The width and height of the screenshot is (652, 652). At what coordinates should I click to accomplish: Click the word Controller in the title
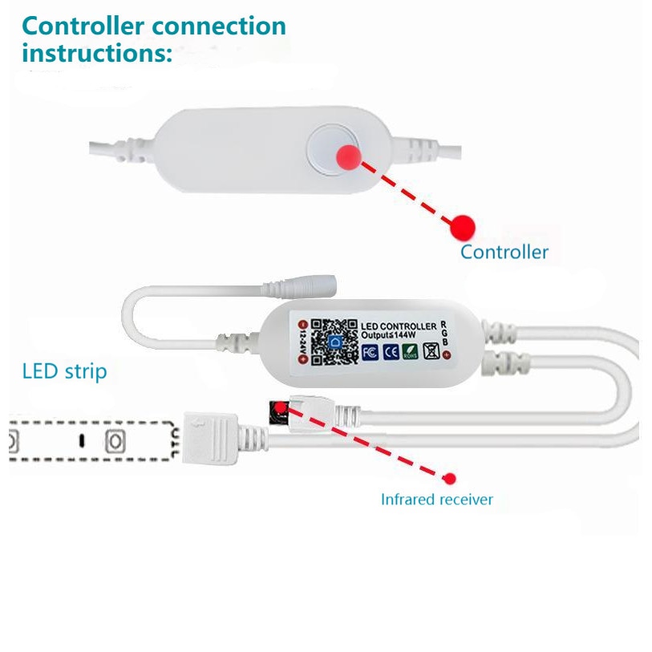tap(84, 26)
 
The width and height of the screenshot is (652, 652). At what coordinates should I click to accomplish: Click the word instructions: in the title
tap(97, 54)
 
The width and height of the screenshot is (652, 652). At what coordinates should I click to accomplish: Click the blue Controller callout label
tap(504, 252)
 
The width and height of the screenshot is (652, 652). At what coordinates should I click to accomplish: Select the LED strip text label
tap(64, 372)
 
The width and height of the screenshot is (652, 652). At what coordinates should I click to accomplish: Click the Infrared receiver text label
tap(436, 500)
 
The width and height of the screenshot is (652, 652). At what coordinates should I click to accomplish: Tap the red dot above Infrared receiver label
tap(450, 479)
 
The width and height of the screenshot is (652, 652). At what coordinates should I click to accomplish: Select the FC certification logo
tap(371, 351)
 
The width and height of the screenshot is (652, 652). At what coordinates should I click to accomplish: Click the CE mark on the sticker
tap(391, 351)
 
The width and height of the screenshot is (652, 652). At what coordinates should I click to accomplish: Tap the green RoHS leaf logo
tap(410, 351)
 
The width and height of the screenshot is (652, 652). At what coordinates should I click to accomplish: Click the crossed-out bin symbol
tap(430, 351)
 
